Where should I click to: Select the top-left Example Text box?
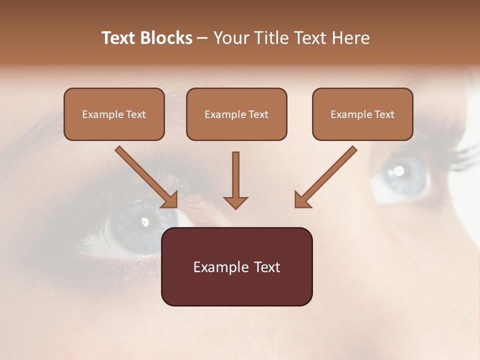coord(114,114)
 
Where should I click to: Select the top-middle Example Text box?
coord(236,114)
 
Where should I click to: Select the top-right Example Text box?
coord(362,114)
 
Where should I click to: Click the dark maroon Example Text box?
coord(236,266)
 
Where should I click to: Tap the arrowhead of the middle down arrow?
coord(235,202)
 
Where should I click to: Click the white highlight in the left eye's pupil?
coord(145,221)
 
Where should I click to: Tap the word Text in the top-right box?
coord(384,114)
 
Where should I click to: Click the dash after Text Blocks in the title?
coord(203,38)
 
